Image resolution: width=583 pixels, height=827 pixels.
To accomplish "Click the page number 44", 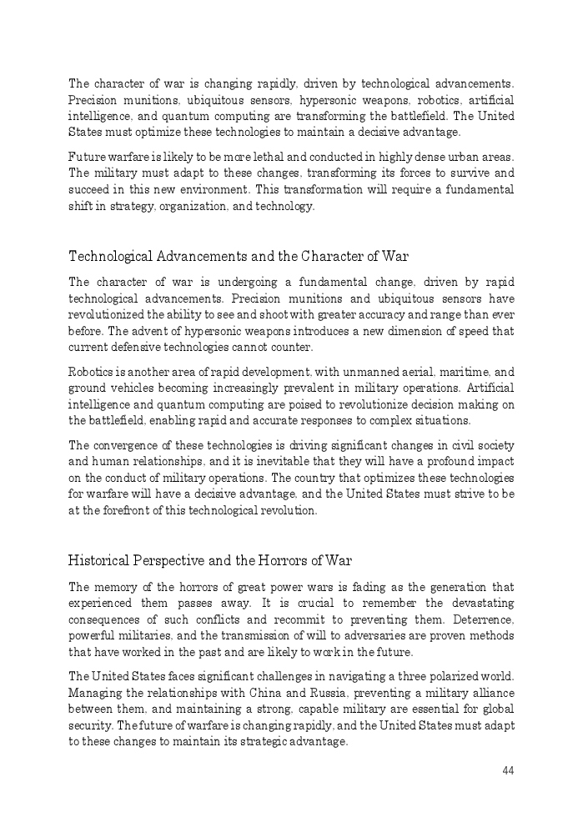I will (x=508, y=770).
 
